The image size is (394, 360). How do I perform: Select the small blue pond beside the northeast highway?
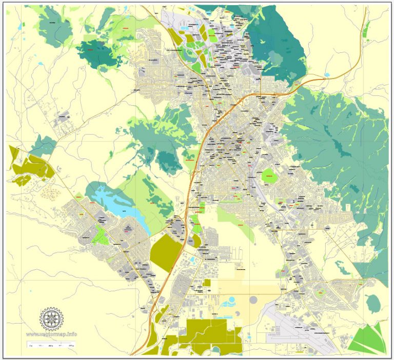coord(327,75)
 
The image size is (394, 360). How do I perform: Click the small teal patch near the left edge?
coord(44,146)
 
